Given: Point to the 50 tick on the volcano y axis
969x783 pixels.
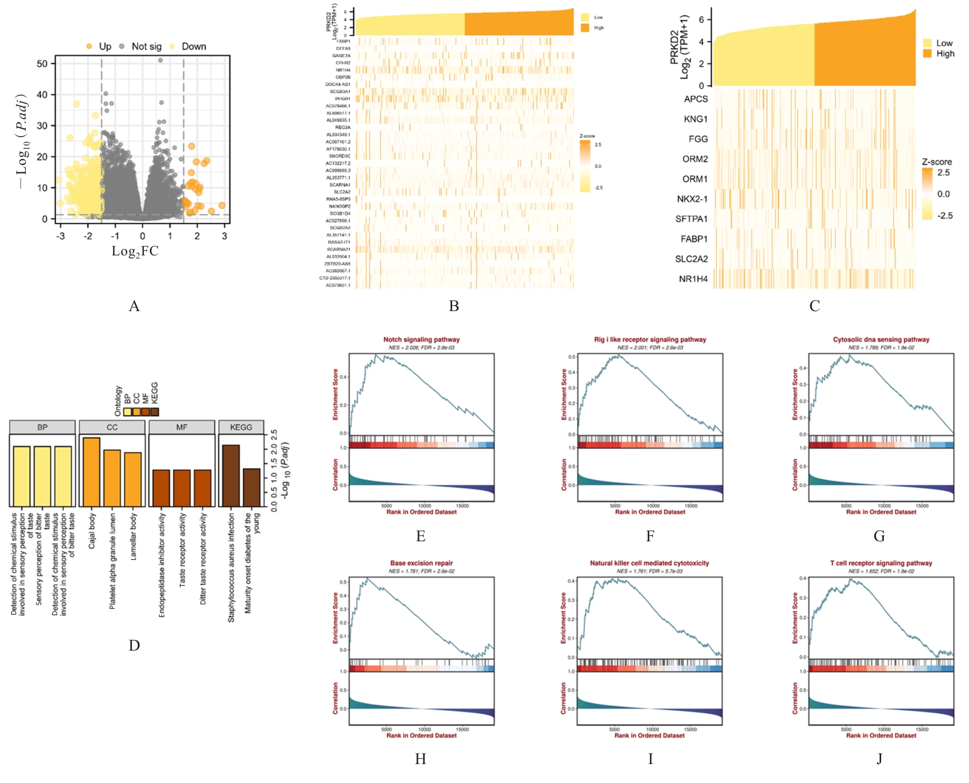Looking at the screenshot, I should pyautogui.click(x=42, y=64).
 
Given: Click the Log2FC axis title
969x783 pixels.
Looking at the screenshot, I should pyautogui.click(x=135, y=251).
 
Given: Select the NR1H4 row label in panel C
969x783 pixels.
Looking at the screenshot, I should pyautogui.click(x=693, y=279).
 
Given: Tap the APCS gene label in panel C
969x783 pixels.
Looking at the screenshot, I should pyautogui.click(x=696, y=99).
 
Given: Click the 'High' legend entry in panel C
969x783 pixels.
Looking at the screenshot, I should pyautogui.click(x=945, y=54).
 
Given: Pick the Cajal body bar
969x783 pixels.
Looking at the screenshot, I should pyautogui.click(x=91, y=472).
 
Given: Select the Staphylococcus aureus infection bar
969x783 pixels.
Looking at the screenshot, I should pyautogui.click(x=231, y=476).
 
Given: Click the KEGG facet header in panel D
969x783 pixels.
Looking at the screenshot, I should pyautogui.click(x=241, y=427).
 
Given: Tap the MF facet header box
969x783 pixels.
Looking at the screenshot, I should pyautogui.click(x=181, y=427).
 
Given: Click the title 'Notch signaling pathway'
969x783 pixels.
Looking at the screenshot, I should pyautogui.click(x=421, y=339).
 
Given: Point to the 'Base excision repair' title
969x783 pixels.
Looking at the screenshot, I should pyautogui.click(x=421, y=563).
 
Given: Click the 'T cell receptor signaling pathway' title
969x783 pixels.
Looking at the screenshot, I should pyautogui.click(x=881, y=563).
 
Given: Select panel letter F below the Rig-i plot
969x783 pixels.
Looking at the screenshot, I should pyautogui.click(x=650, y=536).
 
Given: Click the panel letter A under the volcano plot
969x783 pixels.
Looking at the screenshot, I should pyautogui.click(x=134, y=306).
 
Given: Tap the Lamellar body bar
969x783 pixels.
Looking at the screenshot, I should pyautogui.click(x=133, y=479).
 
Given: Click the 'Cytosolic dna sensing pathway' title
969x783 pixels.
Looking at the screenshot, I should pyautogui.click(x=881, y=339).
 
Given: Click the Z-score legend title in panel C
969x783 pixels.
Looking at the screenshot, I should pyautogui.click(x=936, y=162).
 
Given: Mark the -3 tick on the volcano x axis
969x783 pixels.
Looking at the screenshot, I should pyautogui.click(x=61, y=236).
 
